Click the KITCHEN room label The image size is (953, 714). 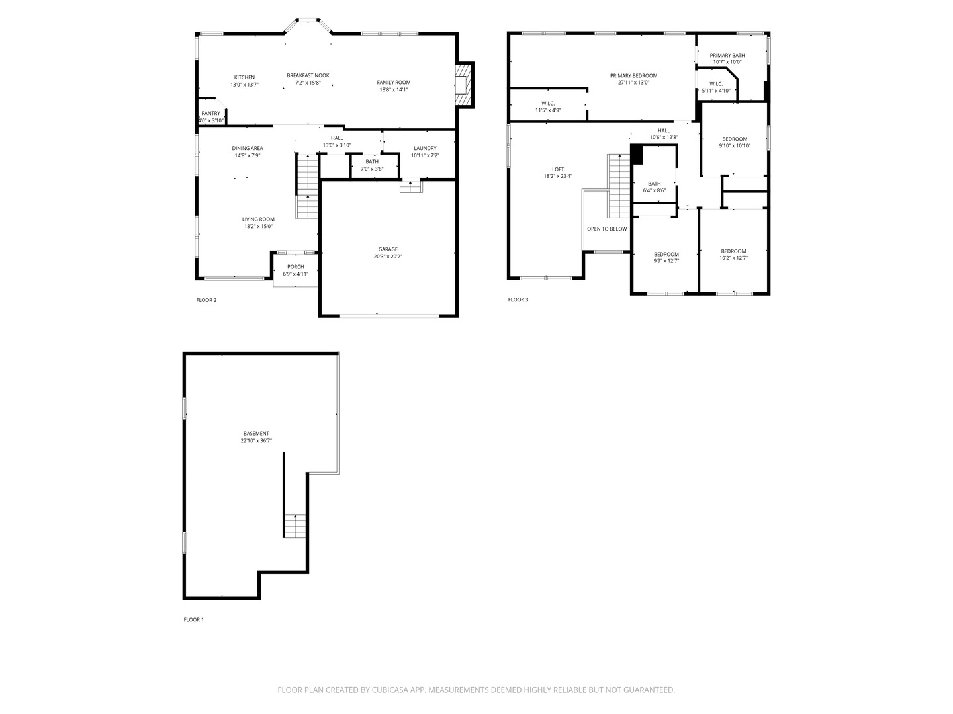click(x=244, y=77)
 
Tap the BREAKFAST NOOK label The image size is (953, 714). click(x=308, y=75)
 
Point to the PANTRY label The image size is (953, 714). click(x=210, y=114)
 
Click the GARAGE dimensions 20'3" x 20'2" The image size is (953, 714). click(x=388, y=257)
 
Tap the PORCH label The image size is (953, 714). click(x=296, y=267)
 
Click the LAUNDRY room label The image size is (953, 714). click(x=425, y=148)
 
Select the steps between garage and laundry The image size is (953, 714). click(x=411, y=186)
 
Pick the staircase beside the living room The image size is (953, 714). click(x=307, y=186)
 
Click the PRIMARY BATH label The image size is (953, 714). click(x=727, y=55)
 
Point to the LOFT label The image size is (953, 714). click(x=558, y=169)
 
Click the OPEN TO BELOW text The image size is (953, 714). click(x=607, y=229)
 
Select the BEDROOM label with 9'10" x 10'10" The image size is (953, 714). click(x=735, y=139)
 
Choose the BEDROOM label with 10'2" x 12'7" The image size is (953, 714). click(x=733, y=251)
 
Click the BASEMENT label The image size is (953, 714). click(x=256, y=434)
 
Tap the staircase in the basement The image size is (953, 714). click(x=295, y=526)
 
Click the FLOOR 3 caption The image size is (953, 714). click(x=518, y=299)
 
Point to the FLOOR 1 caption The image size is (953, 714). click(x=194, y=620)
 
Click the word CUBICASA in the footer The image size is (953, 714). click(x=390, y=690)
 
